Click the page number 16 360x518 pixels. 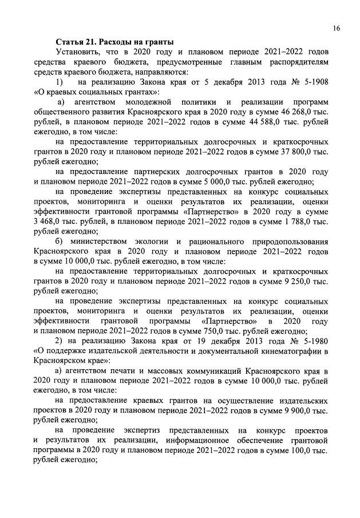[x=336, y=28]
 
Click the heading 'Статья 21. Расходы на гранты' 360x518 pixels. [x=114, y=42]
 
